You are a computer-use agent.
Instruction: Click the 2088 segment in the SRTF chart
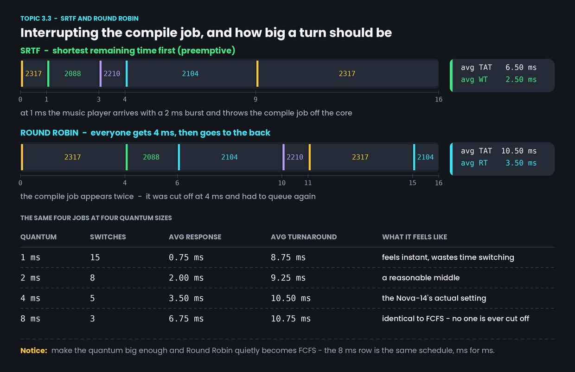tap(73, 74)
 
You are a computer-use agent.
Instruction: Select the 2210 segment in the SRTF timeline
tap(112, 74)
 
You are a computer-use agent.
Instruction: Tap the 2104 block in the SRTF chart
tap(191, 74)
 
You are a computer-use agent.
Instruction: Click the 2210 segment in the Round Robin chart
tap(295, 157)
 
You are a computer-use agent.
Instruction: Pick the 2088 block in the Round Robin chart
tap(152, 157)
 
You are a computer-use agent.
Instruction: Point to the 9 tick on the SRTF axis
tap(256, 99)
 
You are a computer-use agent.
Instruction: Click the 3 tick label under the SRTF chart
tap(99, 99)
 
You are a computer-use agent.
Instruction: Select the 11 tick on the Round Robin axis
tap(308, 183)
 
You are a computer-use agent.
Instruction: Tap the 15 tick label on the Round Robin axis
tap(413, 183)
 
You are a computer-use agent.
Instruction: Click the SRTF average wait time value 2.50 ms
tap(521, 80)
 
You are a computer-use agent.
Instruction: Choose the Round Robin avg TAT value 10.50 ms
tap(519, 151)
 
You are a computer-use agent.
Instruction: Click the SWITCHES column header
tap(108, 237)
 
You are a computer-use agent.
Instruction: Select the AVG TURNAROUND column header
tap(304, 237)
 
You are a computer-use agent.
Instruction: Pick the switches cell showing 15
tap(95, 257)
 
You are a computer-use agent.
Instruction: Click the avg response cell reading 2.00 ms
tap(186, 278)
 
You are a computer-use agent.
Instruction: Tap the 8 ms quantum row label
tap(30, 319)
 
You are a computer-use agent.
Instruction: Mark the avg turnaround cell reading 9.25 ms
tap(288, 278)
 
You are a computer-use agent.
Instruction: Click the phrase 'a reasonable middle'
tap(421, 277)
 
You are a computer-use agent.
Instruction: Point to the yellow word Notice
tap(34, 351)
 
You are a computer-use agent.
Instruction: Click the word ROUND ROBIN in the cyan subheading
tap(49, 133)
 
